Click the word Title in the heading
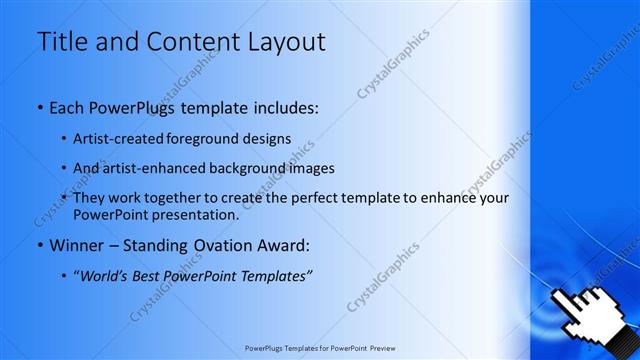pos(61,42)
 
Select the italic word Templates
pos(277,275)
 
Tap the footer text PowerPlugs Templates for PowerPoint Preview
pos(319,350)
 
